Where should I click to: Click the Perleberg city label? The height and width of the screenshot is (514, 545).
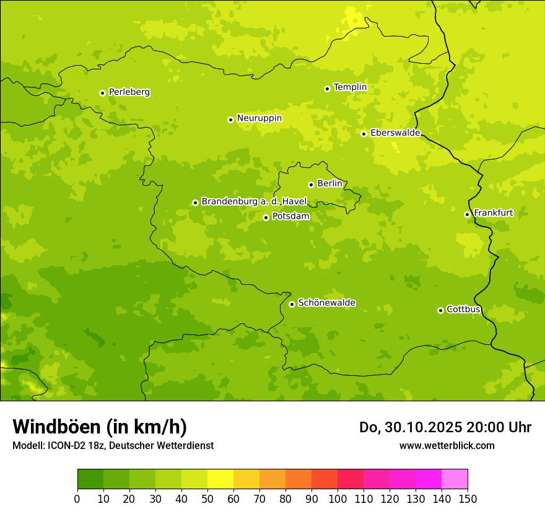click(129, 92)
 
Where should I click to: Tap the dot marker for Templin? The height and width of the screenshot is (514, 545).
click(327, 89)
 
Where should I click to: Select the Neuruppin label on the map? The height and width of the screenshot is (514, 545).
click(259, 118)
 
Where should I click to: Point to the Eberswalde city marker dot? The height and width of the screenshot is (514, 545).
click(364, 134)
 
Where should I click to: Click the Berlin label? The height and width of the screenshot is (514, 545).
click(329, 184)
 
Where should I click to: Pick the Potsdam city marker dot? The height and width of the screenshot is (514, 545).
click(266, 217)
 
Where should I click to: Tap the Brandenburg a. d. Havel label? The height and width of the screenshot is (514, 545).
click(254, 202)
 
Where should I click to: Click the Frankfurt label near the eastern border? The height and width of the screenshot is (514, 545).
click(493, 213)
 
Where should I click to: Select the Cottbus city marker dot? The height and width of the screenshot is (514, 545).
click(440, 310)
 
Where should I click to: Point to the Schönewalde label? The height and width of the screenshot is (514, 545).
click(326, 303)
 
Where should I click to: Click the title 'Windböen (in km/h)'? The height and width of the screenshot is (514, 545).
click(99, 427)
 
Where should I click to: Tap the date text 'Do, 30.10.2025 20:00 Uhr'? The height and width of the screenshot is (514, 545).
click(445, 427)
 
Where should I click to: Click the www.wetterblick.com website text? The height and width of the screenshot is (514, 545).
click(447, 445)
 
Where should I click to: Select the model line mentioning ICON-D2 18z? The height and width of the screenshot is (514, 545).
click(113, 446)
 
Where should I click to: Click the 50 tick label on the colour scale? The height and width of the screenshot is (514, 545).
click(207, 499)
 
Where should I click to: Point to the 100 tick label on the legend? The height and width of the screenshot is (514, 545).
click(338, 499)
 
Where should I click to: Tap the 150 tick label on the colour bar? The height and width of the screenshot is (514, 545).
click(468, 499)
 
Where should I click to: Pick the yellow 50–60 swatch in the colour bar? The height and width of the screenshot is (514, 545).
click(220, 479)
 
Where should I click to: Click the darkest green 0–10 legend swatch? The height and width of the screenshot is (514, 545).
click(90, 479)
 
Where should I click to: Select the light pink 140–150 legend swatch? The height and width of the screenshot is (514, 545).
click(455, 479)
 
